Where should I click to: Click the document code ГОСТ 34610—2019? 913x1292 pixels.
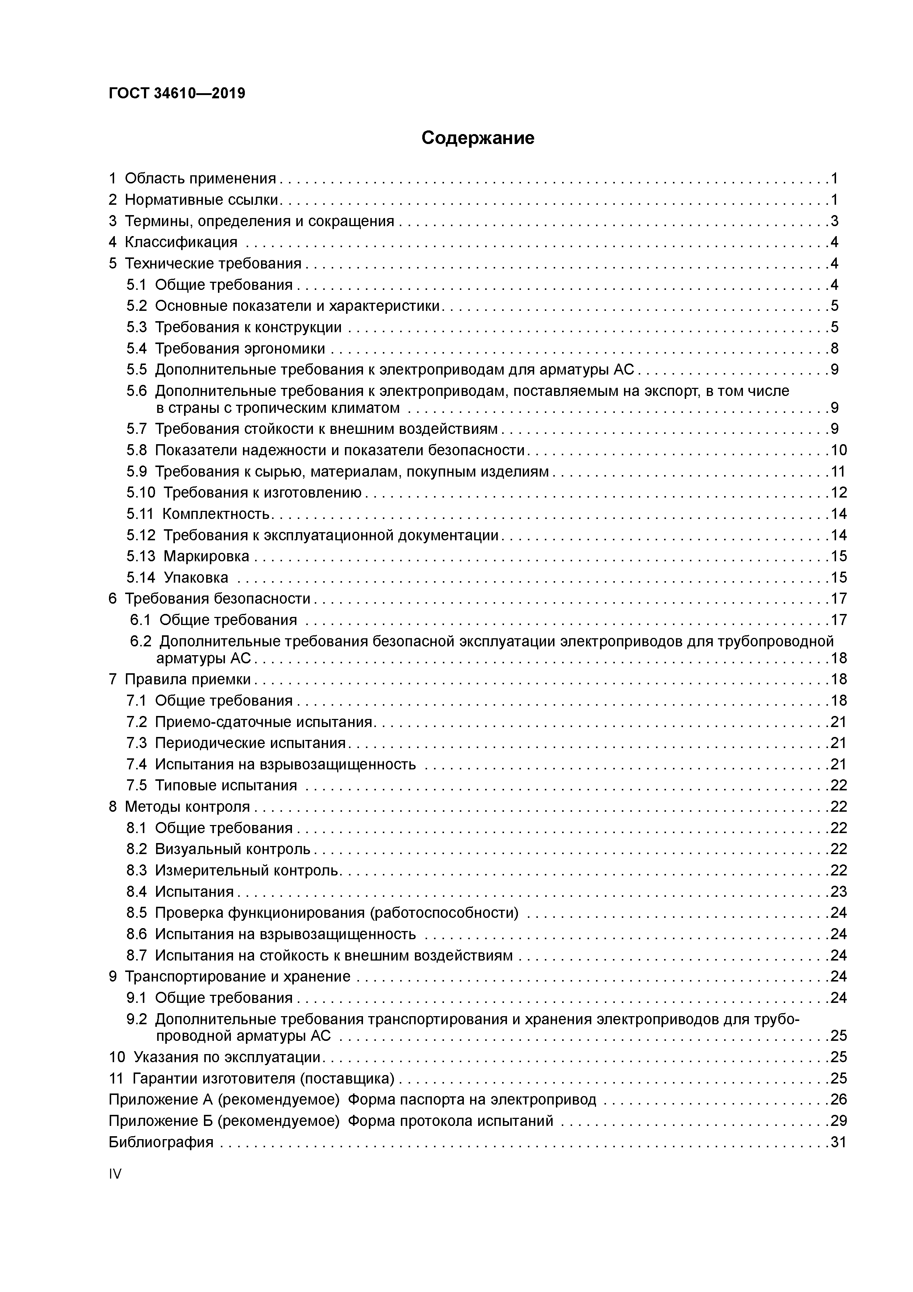(177, 94)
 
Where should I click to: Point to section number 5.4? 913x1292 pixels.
(136, 348)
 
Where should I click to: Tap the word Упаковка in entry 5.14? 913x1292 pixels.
(196, 577)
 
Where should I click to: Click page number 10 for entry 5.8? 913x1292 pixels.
(838, 450)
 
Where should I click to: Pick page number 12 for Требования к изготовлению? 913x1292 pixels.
(838, 493)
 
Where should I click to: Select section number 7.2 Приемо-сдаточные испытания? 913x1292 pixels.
(136, 722)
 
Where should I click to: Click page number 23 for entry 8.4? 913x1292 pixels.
(838, 892)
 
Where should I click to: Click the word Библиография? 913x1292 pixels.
(161, 1142)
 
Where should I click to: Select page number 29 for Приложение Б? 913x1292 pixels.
(838, 1121)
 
